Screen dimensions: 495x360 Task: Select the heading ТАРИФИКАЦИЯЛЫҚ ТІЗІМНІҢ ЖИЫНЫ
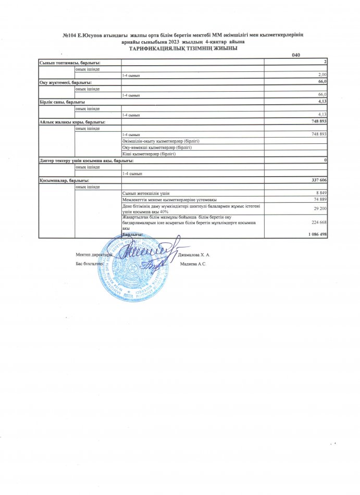click(179, 47)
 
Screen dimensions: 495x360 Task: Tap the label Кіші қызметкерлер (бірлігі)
click(149, 154)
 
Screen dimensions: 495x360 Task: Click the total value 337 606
click(317, 180)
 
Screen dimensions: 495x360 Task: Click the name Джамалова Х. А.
click(194, 255)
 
